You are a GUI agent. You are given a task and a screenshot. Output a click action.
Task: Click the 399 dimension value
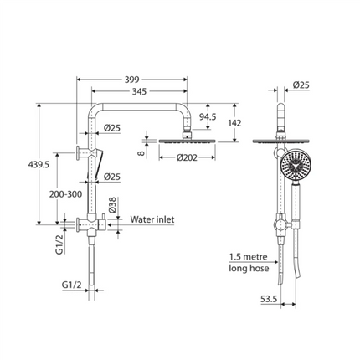coord(131,80)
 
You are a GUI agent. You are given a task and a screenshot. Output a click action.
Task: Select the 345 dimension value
coord(139,91)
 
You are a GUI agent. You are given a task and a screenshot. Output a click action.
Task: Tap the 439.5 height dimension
coord(39,165)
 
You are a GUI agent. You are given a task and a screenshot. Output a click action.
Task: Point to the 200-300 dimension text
coord(65,194)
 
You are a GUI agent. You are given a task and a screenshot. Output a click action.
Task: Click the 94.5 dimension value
coord(208,116)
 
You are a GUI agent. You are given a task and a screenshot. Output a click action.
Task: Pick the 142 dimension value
coord(234,122)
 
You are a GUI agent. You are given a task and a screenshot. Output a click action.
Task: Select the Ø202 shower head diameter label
coord(187,157)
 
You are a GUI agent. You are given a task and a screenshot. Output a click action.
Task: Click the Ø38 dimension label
coord(112,205)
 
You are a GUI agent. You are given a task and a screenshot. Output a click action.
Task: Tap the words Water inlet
coord(152,219)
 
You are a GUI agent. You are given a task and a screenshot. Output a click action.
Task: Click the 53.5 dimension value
coord(269,299)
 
